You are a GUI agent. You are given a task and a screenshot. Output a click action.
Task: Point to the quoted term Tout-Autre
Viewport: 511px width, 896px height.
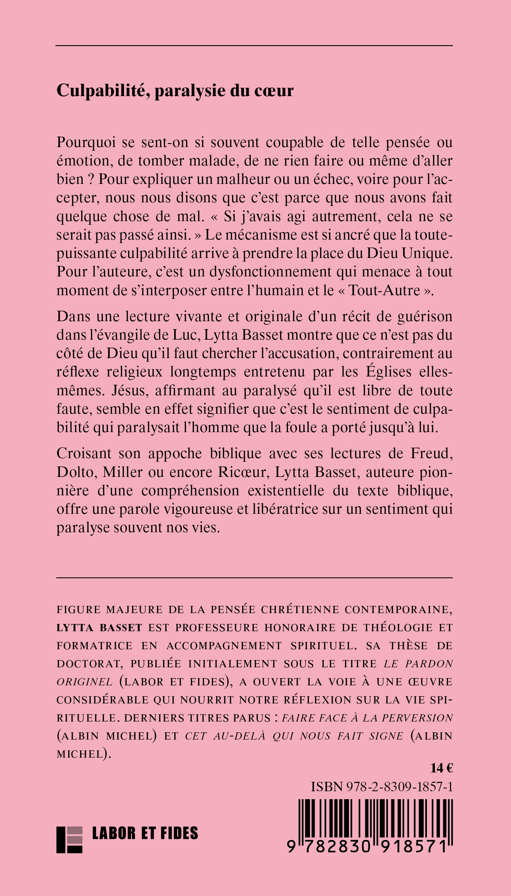pyautogui.click(x=384, y=290)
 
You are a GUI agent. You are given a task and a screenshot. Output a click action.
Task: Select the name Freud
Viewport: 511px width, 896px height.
pyautogui.click(x=432, y=453)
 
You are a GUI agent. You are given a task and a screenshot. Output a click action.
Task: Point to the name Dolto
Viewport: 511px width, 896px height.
pyautogui.click(x=76, y=472)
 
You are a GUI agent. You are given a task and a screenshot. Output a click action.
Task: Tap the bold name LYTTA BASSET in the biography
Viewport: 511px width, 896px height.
pyautogui.click(x=99, y=628)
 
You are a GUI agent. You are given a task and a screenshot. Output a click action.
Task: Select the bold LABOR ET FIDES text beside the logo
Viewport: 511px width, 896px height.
pyautogui.click(x=145, y=833)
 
